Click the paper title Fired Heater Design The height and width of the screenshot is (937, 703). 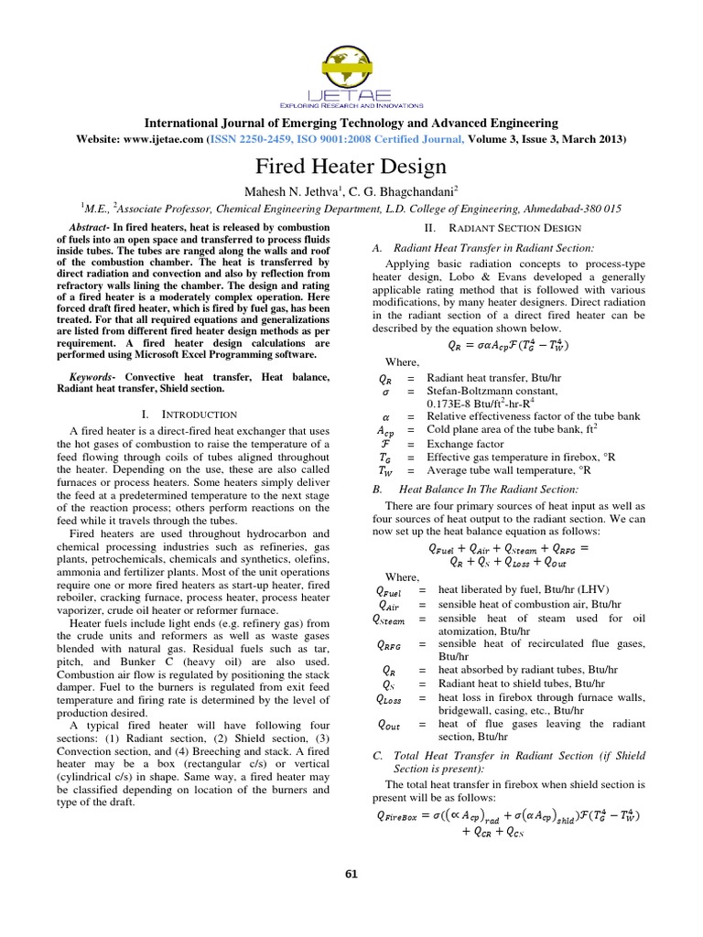pos(351,167)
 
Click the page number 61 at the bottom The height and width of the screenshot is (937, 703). pos(351,873)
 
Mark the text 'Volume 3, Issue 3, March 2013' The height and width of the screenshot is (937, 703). pos(548,139)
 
